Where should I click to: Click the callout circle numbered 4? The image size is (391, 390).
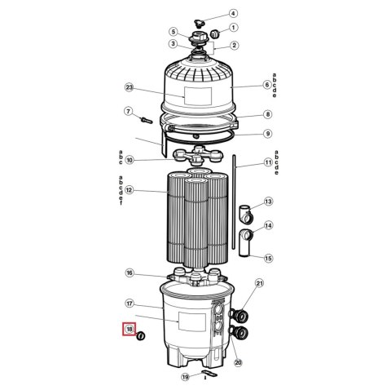tap(233, 13)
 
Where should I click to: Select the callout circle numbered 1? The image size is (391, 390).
tap(233, 27)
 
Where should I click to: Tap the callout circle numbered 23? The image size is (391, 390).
tap(129, 87)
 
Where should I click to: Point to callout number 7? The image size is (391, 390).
tap(128, 111)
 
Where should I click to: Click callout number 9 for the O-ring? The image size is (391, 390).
tap(268, 134)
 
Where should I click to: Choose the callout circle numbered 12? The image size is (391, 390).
tap(129, 190)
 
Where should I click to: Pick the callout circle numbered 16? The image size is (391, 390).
tap(130, 273)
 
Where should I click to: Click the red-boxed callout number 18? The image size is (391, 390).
tap(130, 329)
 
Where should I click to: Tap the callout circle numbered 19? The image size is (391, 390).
tap(185, 377)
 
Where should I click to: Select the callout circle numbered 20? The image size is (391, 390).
tap(238, 362)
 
